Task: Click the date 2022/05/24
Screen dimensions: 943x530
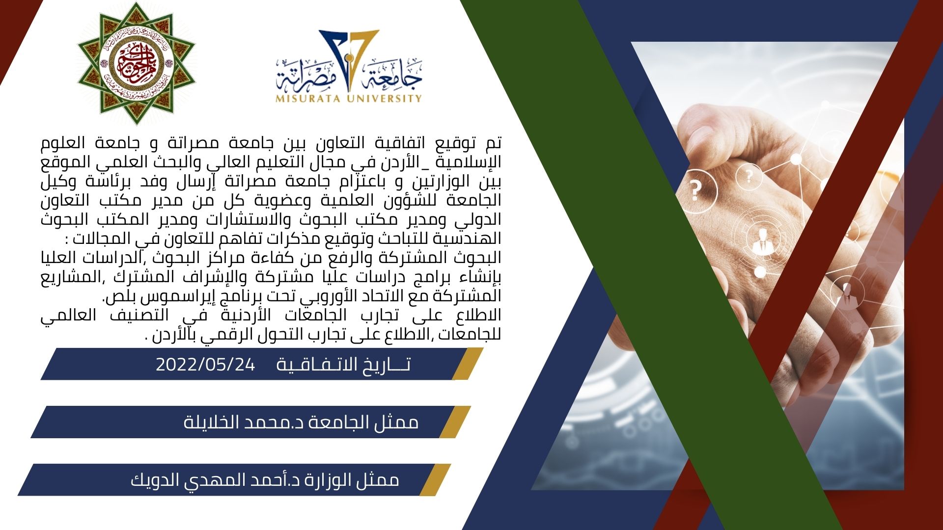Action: (x=205, y=365)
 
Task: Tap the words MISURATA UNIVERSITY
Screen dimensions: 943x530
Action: (x=349, y=98)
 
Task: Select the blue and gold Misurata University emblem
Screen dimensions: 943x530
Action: (x=349, y=66)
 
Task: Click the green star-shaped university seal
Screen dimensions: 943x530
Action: (x=136, y=63)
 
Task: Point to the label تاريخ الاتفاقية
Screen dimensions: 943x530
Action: (x=343, y=365)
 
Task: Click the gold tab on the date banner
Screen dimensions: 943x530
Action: (x=467, y=364)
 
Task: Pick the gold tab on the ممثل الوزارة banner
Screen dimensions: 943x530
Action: (x=435, y=479)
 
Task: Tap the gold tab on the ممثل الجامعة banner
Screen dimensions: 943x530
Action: (x=455, y=422)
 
